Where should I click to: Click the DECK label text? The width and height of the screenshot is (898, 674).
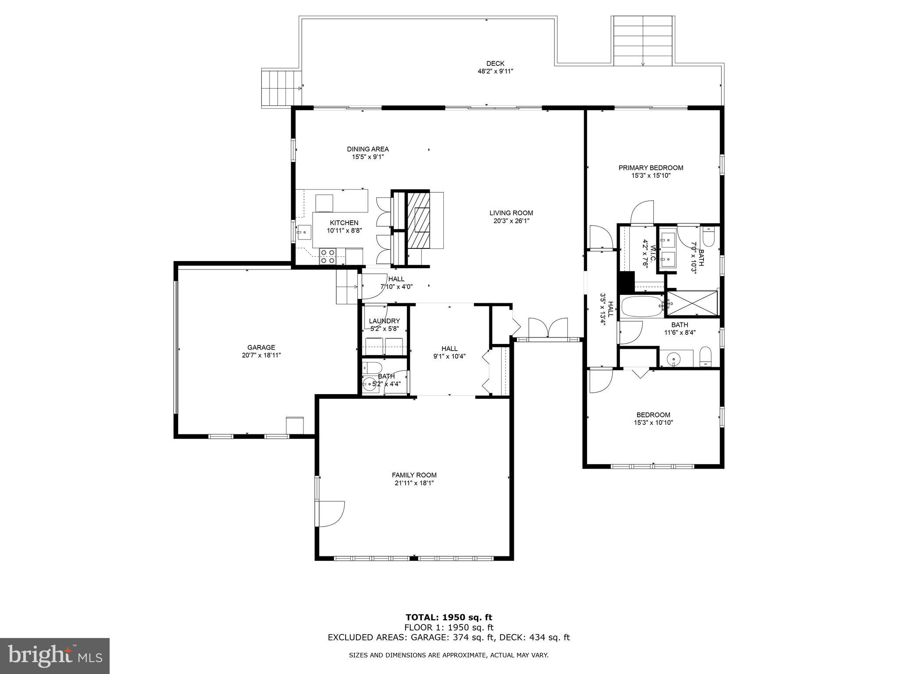pyautogui.click(x=495, y=64)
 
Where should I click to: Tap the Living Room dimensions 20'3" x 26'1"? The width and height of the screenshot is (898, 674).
pyautogui.click(x=511, y=221)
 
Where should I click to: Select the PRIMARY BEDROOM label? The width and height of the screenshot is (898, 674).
pyautogui.click(x=651, y=168)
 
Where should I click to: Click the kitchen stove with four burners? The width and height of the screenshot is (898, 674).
pyautogui.click(x=328, y=256)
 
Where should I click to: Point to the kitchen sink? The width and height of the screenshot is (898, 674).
pyautogui.click(x=304, y=232)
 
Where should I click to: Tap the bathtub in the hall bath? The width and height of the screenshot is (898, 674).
pyautogui.click(x=641, y=306)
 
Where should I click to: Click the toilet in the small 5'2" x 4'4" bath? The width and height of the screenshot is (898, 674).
pyautogui.click(x=373, y=367)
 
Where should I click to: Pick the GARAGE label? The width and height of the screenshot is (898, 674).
pyautogui.click(x=261, y=348)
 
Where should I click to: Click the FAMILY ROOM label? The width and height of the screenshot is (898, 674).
pyautogui.click(x=414, y=475)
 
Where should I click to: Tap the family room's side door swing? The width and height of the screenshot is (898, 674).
pyautogui.click(x=331, y=513)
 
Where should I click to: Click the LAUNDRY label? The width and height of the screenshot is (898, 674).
pyautogui.click(x=384, y=321)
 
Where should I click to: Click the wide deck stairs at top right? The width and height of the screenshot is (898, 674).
pyautogui.click(x=643, y=40)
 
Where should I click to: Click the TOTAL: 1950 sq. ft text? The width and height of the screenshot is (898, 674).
pyautogui.click(x=449, y=618)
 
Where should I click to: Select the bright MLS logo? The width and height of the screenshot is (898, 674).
pyautogui.click(x=55, y=656)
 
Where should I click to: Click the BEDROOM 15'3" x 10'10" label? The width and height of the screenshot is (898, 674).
pyautogui.click(x=653, y=415)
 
